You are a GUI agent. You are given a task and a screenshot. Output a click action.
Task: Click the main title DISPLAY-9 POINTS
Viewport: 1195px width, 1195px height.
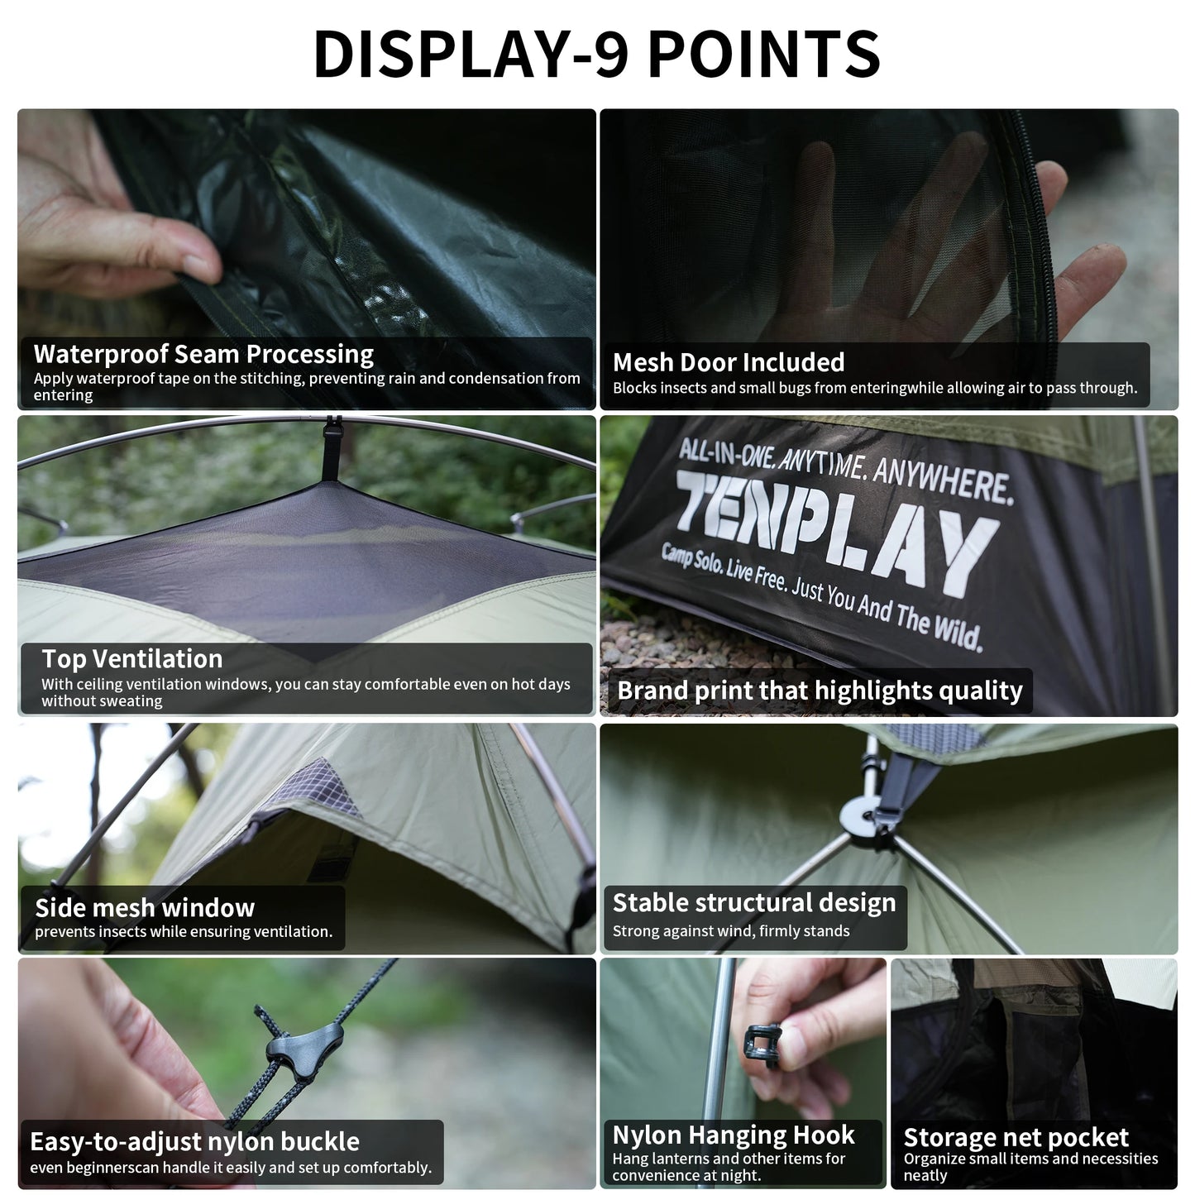[597, 54]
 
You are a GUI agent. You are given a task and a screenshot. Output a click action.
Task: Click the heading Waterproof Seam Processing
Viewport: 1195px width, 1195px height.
[203, 354]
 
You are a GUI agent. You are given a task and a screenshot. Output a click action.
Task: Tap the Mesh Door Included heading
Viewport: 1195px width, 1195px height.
[728, 362]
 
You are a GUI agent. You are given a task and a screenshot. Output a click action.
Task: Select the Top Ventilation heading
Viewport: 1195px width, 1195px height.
[132, 658]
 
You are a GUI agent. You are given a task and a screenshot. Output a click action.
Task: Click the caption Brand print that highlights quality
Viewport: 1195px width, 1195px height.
[819, 691]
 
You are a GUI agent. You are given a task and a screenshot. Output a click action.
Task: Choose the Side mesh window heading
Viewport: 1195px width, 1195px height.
[145, 907]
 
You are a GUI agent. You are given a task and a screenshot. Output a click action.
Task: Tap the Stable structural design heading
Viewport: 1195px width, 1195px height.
[753, 902]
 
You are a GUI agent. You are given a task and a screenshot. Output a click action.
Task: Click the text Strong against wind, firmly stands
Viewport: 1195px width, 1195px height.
[730, 931]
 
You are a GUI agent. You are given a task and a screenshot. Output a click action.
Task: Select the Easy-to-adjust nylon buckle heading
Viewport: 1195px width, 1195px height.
[194, 1141]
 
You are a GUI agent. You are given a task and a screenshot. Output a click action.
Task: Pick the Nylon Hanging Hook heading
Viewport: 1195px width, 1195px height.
[734, 1135]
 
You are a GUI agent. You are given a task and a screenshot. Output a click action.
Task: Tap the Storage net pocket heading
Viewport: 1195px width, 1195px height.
[1016, 1137]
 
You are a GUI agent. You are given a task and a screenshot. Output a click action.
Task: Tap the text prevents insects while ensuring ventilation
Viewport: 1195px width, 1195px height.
[184, 932]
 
